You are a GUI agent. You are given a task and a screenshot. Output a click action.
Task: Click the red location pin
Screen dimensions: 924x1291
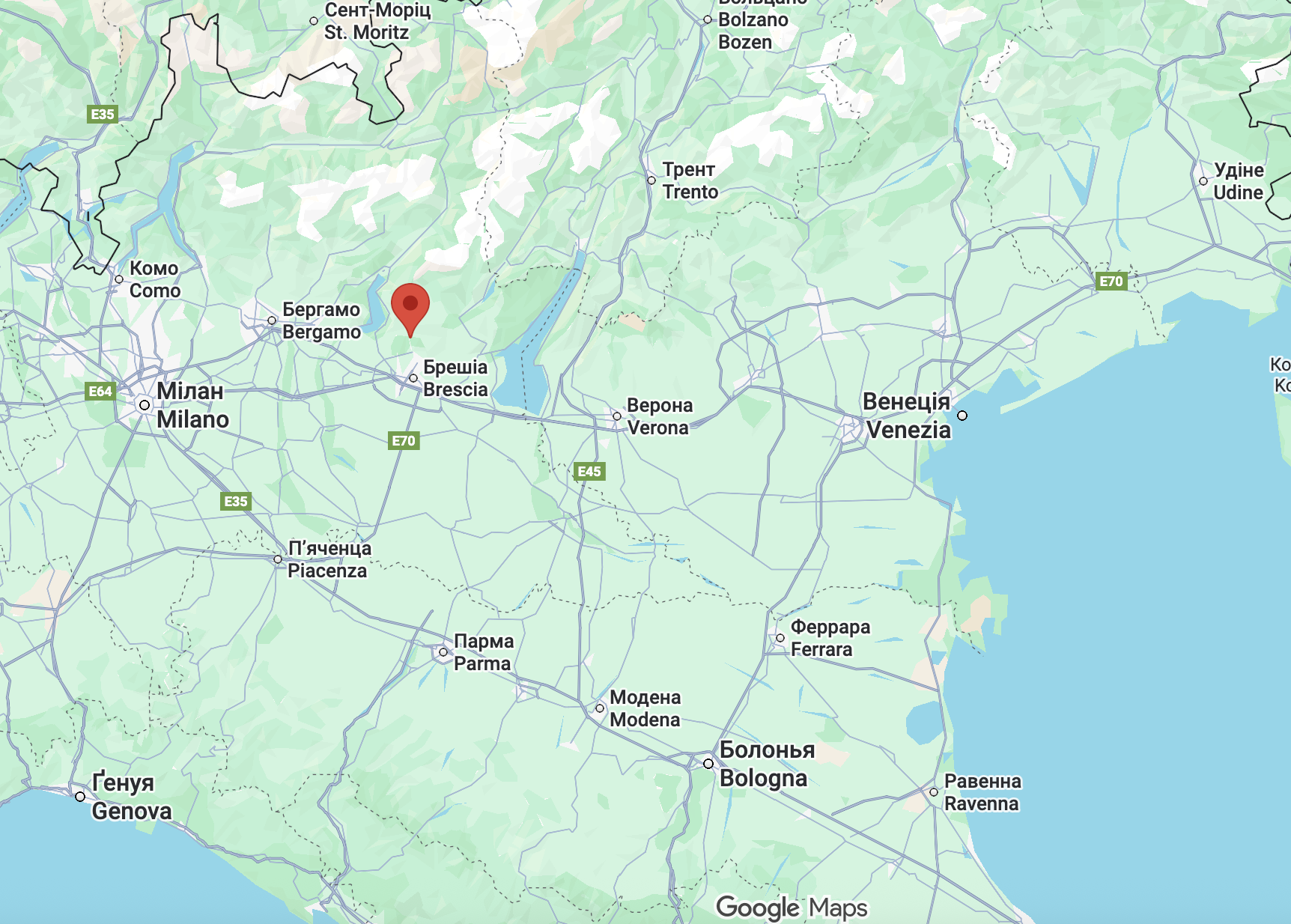pos(410,306)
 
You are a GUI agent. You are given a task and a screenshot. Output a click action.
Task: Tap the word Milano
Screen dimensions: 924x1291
pos(192,419)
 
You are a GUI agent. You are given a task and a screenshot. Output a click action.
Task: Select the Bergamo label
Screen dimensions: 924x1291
pos(321,332)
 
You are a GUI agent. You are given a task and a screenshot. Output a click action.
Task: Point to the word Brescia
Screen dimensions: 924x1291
pos(455,389)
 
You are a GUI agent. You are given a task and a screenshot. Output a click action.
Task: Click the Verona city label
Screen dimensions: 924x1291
pos(657,428)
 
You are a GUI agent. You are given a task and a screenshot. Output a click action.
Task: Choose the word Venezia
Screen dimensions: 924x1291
pos(908,430)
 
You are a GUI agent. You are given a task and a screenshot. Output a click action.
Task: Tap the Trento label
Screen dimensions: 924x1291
pos(690,192)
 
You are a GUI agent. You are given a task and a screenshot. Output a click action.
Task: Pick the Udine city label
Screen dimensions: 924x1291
pos(1238,192)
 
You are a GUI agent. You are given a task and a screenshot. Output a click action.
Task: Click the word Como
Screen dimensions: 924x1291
pos(155,291)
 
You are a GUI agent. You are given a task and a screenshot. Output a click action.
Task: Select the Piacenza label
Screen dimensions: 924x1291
pos(327,571)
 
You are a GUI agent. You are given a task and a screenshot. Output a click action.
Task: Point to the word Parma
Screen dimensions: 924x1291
pos(482,663)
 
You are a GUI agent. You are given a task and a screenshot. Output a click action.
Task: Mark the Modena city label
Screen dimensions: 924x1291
pos(645,720)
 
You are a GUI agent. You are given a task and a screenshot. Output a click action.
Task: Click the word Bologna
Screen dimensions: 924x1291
pos(763,778)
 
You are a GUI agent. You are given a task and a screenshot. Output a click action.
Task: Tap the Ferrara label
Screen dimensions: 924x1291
pos(821,649)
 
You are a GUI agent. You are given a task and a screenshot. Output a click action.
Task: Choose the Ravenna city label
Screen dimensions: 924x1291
pos(982,803)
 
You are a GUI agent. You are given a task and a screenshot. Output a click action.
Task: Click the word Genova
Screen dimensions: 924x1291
pos(132,811)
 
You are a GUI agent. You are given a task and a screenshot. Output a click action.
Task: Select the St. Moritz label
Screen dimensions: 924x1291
pos(366,32)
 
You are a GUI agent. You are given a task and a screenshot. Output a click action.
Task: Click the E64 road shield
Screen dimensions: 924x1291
pos(100,391)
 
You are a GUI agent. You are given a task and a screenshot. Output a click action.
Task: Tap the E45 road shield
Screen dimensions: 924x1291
pos(589,471)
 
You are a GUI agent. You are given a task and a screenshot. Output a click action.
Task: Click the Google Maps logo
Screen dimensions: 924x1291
pos(792,908)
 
